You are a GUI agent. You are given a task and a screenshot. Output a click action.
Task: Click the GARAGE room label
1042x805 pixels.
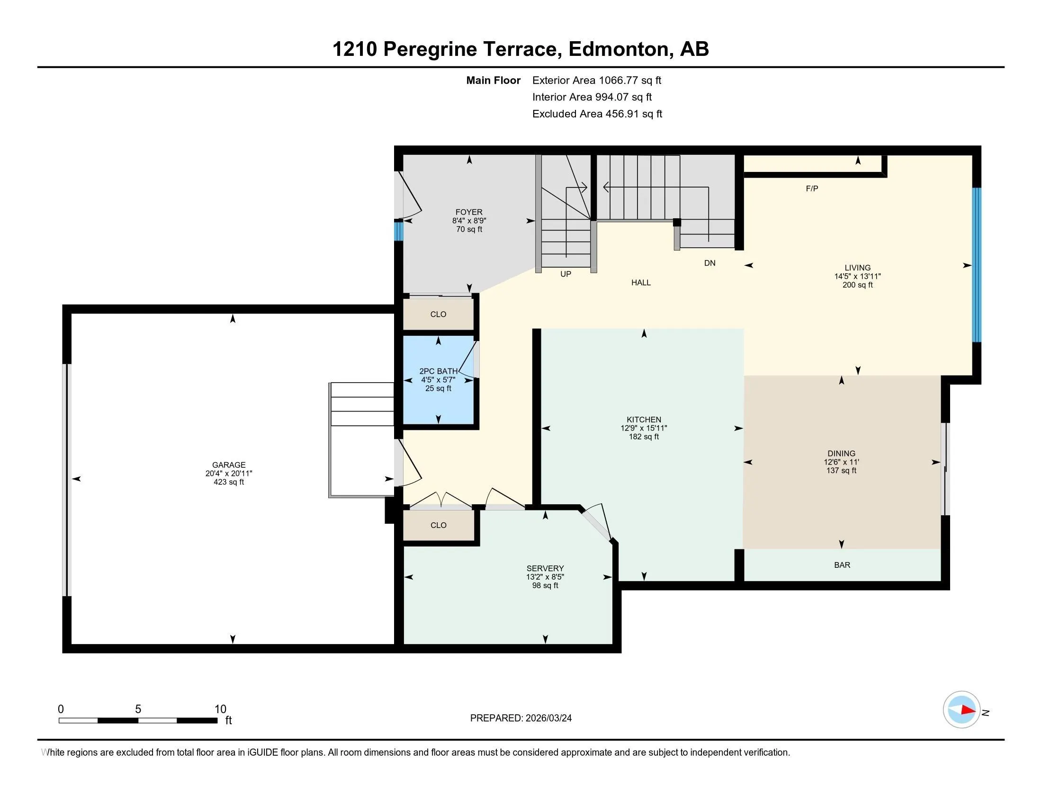click(x=229, y=465)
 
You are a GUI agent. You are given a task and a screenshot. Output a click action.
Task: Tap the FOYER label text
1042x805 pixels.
click(x=469, y=212)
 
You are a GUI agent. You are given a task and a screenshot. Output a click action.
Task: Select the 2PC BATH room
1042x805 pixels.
click(x=439, y=380)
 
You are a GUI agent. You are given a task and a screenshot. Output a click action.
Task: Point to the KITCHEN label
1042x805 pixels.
click(x=644, y=420)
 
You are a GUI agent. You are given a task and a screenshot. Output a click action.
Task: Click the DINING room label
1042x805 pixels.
click(x=841, y=454)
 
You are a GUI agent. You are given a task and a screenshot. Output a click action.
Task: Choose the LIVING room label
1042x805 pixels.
click(x=857, y=268)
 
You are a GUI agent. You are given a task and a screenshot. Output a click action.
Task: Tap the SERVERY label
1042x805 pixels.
click(x=545, y=568)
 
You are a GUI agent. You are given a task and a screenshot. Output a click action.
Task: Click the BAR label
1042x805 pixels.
click(x=842, y=565)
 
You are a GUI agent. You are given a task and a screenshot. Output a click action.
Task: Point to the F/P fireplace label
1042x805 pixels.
click(x=812, y=189)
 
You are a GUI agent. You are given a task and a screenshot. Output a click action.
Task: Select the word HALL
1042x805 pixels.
click(x=641, y=283)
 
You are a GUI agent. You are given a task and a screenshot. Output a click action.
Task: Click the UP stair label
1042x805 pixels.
click(x=566, y=274)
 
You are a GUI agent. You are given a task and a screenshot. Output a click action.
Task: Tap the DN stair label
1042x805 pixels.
click(x=710, y=263)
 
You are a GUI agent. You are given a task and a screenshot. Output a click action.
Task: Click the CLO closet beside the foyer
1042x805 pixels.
click(x=438, y=314)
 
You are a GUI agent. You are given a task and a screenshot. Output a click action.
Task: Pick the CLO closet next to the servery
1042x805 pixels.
click(x=438, y=526)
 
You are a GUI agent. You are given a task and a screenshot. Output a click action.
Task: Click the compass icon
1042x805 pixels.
click(x=961, y=710)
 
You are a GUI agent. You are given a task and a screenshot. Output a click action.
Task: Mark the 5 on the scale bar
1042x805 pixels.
click(x=138, y=709)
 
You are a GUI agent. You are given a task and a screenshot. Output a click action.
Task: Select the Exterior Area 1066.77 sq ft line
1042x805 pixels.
click(x=596, y=80)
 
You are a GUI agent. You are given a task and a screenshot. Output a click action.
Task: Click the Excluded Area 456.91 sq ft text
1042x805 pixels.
click(x=597, y=114)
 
